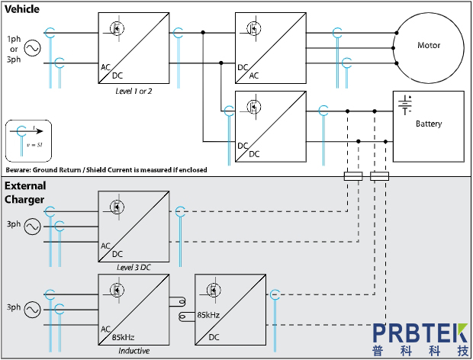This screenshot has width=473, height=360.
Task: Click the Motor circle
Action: pos(429,46)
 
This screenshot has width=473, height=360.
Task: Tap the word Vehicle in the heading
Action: pos(23,8)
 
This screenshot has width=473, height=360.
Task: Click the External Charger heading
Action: pos(25,193)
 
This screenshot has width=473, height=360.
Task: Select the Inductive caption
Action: pos(134,350)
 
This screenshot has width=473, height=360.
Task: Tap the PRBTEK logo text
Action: pos(420,333)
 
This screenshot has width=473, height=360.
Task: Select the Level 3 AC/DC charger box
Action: pos(133,226)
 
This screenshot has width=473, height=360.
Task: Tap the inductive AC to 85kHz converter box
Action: pos(133,309)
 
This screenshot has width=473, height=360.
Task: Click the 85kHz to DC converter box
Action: pos(228,309)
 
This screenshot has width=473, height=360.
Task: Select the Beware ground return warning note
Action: pos(105,169)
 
